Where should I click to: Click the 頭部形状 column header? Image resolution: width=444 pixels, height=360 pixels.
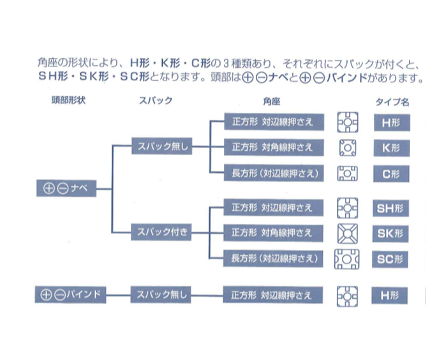coord(68,100)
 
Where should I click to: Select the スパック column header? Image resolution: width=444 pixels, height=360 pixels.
coord(156,101)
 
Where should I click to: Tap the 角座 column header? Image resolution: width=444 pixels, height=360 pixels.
coord(272,101)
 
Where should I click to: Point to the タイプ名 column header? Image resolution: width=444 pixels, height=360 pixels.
coord(392,101)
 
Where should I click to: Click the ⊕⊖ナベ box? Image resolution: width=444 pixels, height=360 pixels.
coord(66,188)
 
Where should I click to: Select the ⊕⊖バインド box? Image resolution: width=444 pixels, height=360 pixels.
coord(71,294)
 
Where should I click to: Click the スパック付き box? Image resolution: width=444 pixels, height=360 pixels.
coord(161,232)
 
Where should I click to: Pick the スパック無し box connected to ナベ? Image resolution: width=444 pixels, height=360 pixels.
coord(161,146)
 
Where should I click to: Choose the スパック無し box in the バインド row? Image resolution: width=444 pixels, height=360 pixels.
coord(161,294)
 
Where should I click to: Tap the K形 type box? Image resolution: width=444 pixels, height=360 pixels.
coord(392,148)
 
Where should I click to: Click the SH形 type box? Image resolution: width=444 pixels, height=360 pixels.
coord(391,209)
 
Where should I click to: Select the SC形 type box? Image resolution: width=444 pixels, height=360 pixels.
coord(390,259)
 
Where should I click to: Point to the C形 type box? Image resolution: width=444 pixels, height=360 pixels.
coord(391,174)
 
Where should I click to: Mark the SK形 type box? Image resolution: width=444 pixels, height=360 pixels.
coord(390,234)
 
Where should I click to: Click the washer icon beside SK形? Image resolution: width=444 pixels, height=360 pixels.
coord(348,234)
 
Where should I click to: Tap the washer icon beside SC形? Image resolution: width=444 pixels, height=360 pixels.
coord(347,259)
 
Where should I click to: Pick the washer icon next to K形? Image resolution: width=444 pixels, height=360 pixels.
coord(348,148)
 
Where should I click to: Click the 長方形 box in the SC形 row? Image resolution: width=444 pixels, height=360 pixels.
coord(273,259)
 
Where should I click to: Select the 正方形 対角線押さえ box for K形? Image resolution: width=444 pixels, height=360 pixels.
coord(274,147)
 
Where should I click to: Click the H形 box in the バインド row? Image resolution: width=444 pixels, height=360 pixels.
coord(390,296)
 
